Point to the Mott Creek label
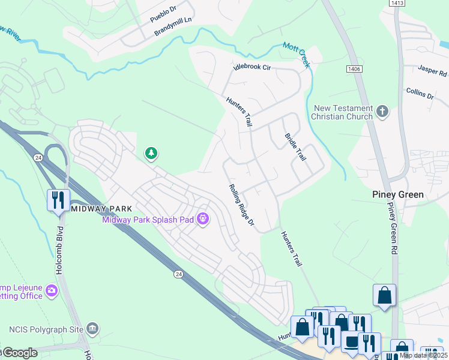298,55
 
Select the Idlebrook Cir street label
252,68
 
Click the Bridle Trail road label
295,147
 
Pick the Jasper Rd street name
434,73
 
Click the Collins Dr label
420,95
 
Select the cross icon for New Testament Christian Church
382,112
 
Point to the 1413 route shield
396,4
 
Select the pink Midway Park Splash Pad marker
203,220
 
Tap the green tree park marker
151,154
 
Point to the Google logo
19,353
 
